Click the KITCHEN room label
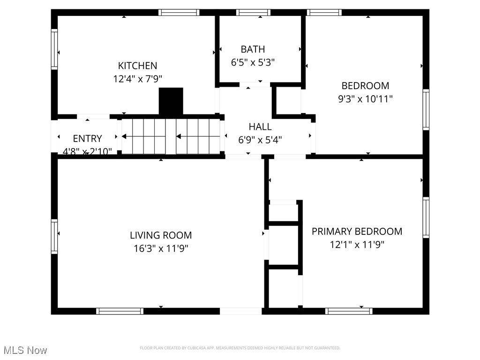coord(137,66)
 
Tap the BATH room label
coord(253,49)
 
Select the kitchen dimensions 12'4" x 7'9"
coord(137,79)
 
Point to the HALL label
coord(260,127)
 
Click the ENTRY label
coord(87,139)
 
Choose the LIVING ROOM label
coord(161,235)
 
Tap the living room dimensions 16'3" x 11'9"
coord(161,248)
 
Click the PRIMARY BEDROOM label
coord(357,232)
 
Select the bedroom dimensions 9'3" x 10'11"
coord(365,99)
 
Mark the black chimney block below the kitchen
coord(171,101)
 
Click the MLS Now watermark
coord(25,350)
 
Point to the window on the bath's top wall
coord(253,13)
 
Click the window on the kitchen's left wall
coord(54,49)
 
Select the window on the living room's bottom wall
coord(120,311)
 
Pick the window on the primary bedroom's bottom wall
coord(349,311)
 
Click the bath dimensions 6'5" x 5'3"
coord(253,62)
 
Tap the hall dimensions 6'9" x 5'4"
coord(260,139)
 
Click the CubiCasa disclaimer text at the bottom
coord(240,348)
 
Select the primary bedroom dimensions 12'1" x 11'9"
coord(357,244)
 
